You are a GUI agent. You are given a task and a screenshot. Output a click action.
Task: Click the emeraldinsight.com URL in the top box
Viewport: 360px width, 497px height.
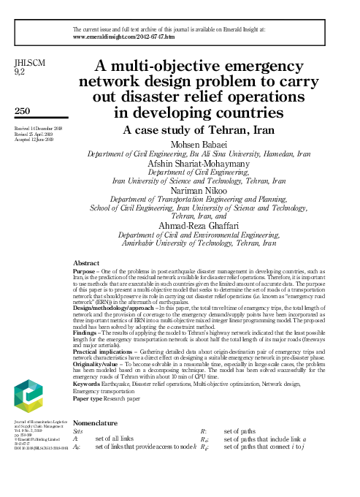pos(125,35)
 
